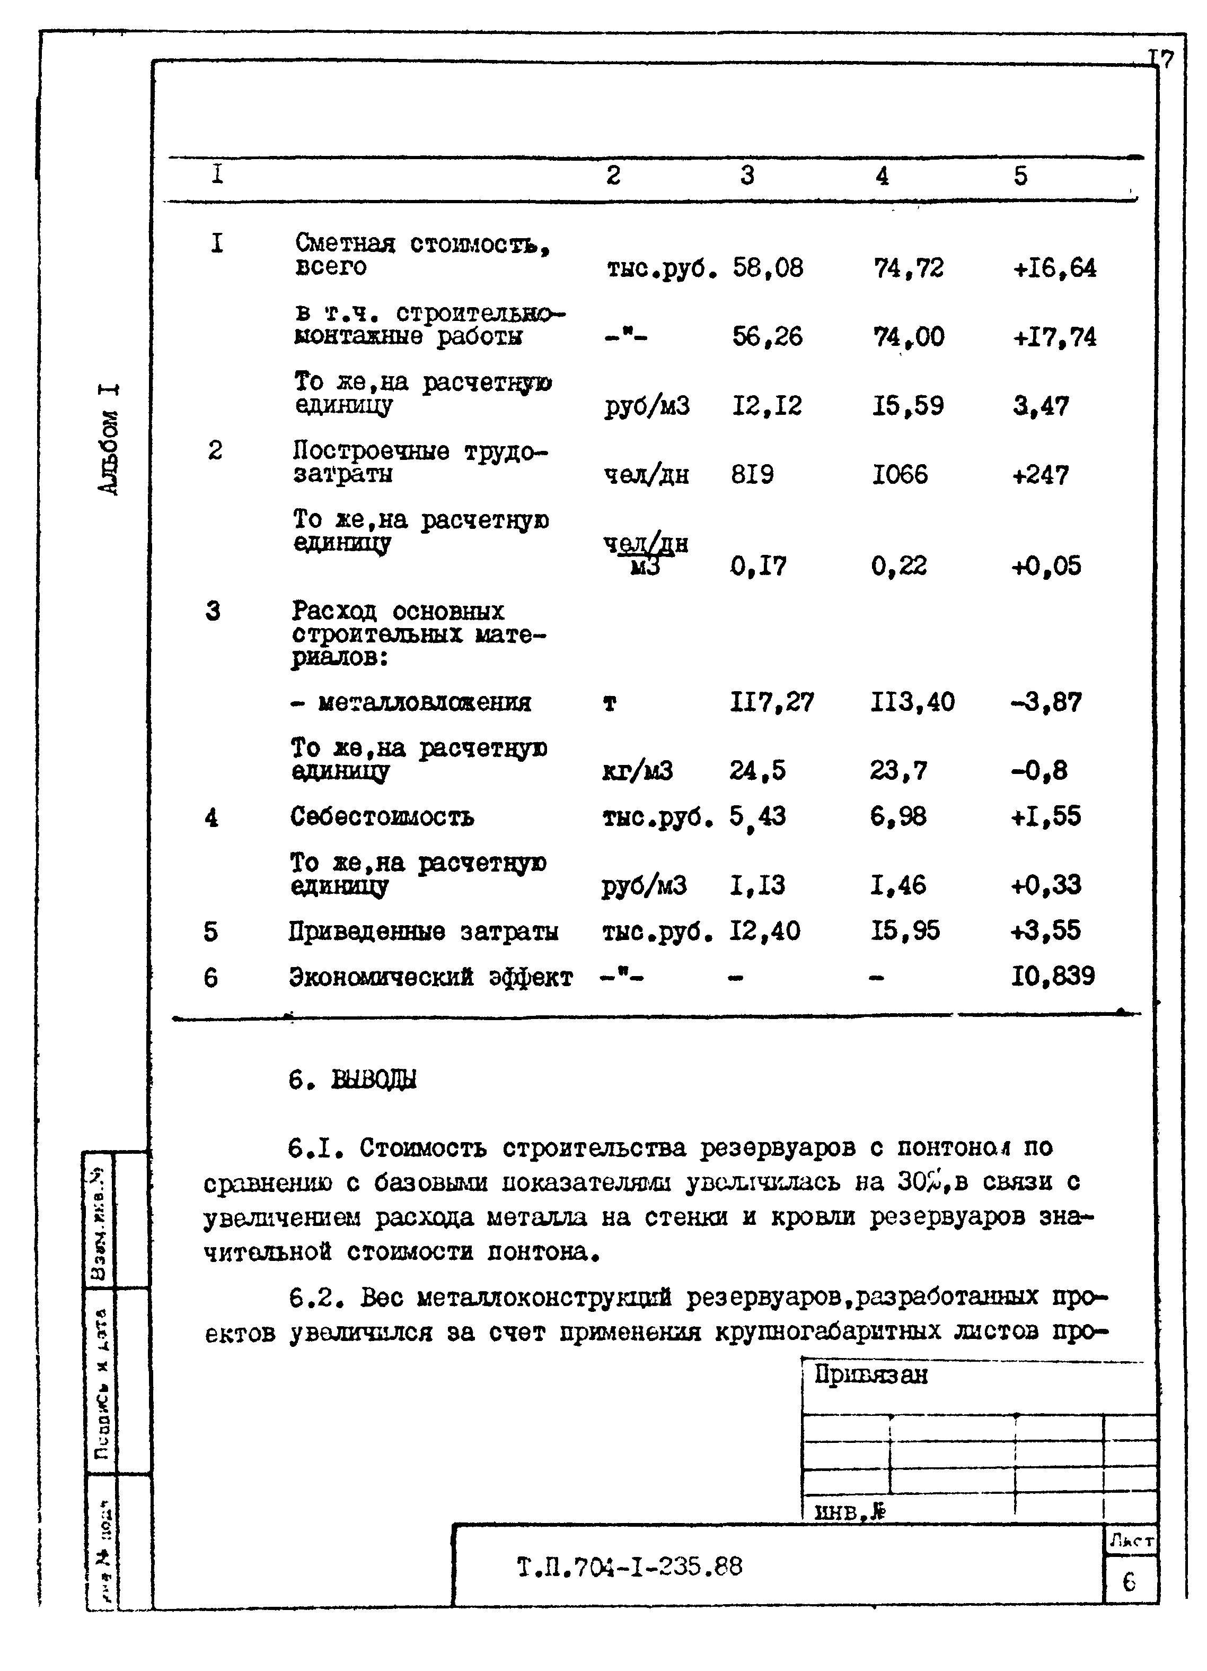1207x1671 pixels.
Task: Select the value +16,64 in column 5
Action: point(1054,267)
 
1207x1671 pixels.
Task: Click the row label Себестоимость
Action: point(382,816)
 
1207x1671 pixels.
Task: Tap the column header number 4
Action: point(882,176)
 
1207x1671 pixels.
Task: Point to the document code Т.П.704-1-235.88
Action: point(630,1565)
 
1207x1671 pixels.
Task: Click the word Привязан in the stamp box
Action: point(870,1375)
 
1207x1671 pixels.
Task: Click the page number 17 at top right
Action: point(1160,59)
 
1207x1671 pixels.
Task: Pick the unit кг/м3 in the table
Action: point(637,771)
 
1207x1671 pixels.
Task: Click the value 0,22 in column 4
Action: point(898,566)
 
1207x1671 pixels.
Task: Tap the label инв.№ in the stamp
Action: point(849,1512)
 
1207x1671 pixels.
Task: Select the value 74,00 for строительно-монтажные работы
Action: point(908,337)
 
